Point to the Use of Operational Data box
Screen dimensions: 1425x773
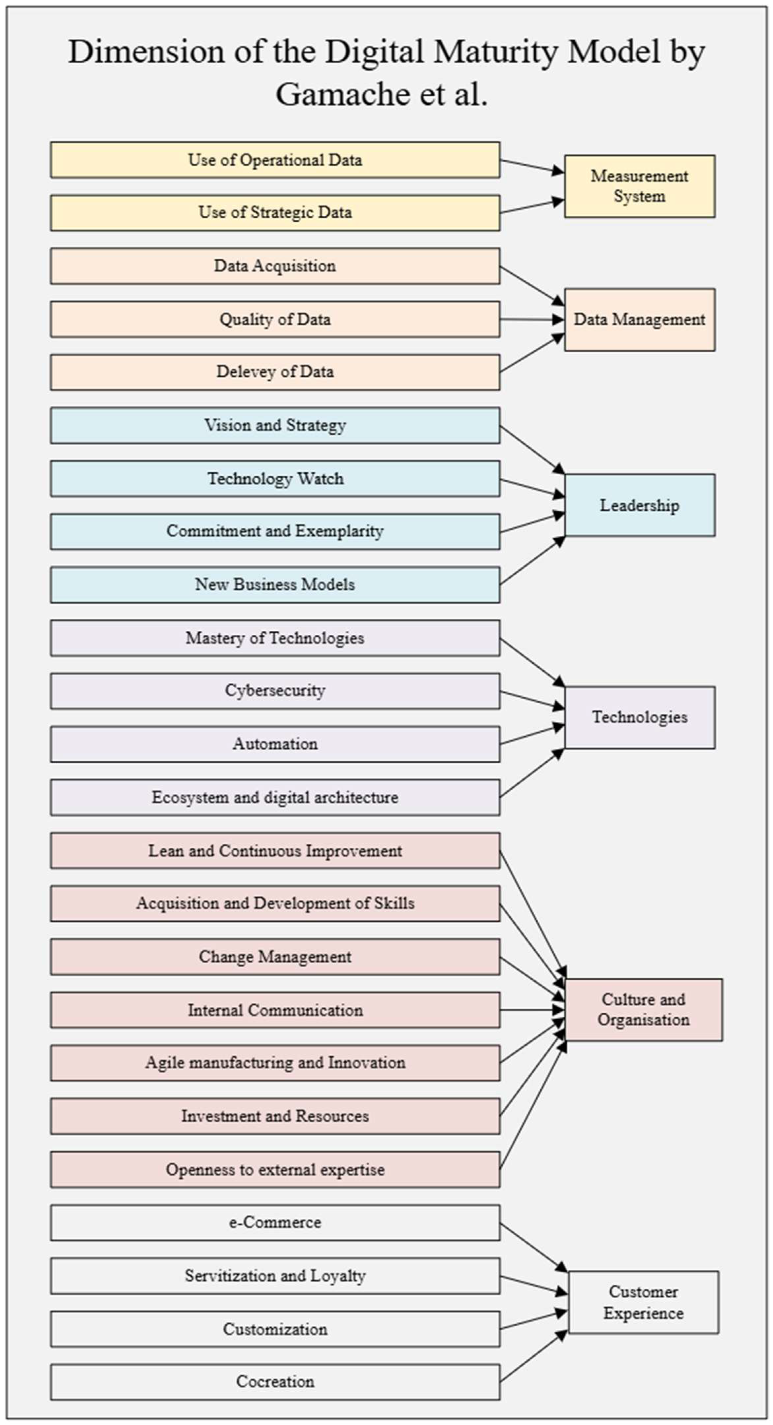pos(275,160)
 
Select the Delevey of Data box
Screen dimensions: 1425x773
pos(275,372)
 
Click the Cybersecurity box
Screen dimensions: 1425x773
pos(275,690)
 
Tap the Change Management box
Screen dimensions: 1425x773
pos(275,957)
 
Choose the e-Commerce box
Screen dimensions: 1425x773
pos(275,1222)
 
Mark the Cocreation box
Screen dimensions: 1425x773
pos(275,1381)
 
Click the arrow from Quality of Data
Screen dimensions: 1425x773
pos(531,319)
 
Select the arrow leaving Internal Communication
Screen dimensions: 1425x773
pos(531,1010)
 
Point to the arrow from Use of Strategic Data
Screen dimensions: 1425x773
pos(531,207)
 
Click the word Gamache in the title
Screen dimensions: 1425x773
pos(343,94)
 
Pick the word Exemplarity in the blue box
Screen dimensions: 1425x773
pos(339,531)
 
